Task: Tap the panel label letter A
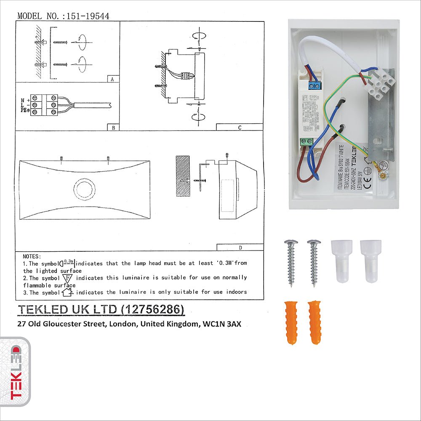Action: [x=112, y=79]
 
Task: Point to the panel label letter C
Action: [x=240, y=128]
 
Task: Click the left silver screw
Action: [x=291, y=263]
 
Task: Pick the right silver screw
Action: [x=314, y=263]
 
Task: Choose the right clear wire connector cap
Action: [x=370, y=261]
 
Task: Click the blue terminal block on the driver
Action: [x=313, y=86]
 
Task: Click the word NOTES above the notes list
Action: [x=32, y=256]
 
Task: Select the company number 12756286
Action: [x=152, y=309]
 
